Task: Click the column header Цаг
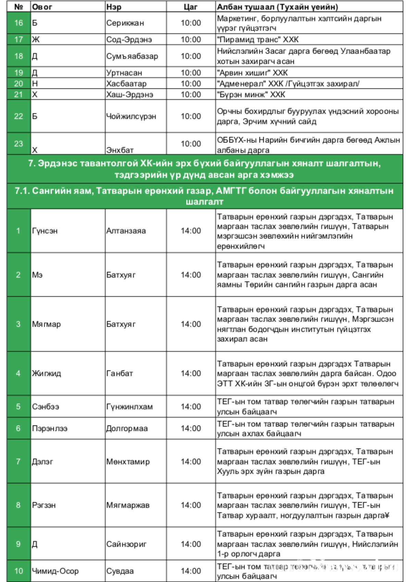point(190,7)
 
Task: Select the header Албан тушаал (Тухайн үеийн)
point(277,7)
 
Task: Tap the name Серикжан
point(125,23)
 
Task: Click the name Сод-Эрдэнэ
point(129,40)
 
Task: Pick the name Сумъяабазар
point(132,56)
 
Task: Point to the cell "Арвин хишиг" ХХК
point(252,73)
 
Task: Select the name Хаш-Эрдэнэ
point(129,94)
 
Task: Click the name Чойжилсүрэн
point(131,116)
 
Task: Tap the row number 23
point(18,144)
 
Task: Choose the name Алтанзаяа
point(126,231)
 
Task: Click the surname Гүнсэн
point(45,231)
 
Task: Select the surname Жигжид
point(46,373)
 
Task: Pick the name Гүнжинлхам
point(129,407)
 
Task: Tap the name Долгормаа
point(127,428)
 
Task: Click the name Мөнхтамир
point(128,462)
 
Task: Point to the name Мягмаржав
point(128,505)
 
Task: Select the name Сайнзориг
point(126,544)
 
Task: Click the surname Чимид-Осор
point(55,571)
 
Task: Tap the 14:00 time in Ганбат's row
point(191,373)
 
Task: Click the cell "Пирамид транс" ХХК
point(258,40)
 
